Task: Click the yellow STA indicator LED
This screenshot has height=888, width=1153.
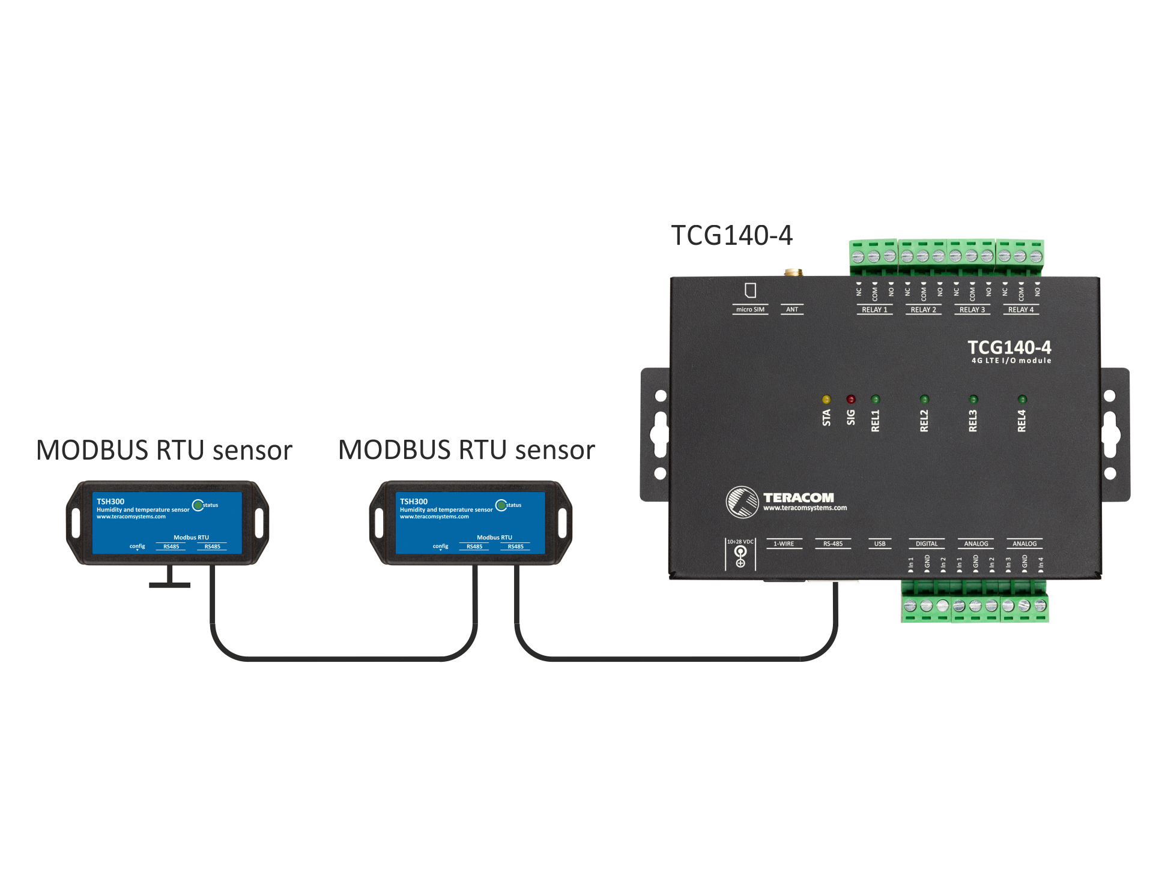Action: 826,400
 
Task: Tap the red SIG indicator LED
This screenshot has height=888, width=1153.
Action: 851,400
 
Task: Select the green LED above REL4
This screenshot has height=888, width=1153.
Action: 1022,400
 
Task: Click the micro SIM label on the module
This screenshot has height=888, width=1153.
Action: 750,310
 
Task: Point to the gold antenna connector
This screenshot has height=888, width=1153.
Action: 793,272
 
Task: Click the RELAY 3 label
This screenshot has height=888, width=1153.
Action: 972,310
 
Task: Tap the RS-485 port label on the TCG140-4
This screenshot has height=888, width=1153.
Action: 833,544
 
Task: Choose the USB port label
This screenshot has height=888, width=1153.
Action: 880,544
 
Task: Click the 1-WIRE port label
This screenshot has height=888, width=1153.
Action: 784,544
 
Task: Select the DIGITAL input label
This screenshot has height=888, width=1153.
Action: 927,544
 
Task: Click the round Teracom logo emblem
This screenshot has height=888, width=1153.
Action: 742,502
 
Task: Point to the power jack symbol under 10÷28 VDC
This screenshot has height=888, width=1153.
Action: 740,556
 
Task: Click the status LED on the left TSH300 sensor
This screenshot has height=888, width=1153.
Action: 198,505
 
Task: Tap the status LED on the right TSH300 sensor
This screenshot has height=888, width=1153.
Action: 501,505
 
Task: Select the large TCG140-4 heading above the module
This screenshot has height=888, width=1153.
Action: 731,235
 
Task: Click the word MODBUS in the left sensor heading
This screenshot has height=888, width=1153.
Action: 92,450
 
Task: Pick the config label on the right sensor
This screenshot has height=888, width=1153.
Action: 440,546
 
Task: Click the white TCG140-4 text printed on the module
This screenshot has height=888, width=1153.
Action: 1009,347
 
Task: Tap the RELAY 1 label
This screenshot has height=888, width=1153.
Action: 874,310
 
